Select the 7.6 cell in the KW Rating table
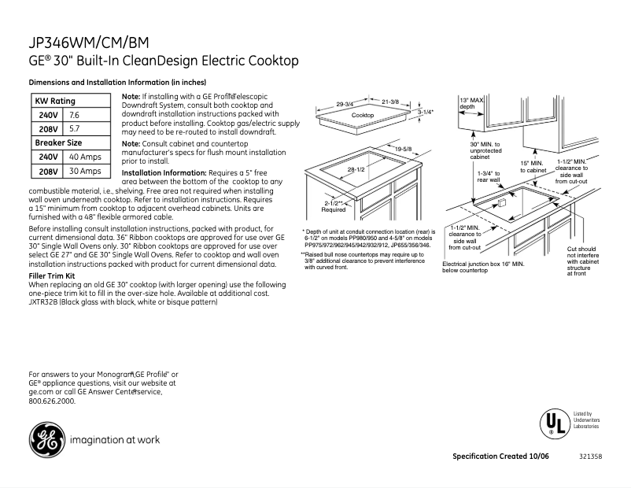click(75, 115)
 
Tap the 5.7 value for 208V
click(75, 128)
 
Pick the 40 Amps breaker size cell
click(84, 157)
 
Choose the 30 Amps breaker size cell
click(84, 171)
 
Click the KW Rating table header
click(55, 101)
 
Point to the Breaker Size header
click(58, 142)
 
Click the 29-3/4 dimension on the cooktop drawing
click(345, 103)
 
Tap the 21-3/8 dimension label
click(390, 102)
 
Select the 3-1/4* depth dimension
click(426, 113)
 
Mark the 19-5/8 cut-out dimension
click(404, 149)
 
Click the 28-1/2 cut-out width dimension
click(356, 169)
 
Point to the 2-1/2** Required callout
click(334, 206)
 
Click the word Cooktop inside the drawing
click(363, 116)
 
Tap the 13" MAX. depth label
click(472, 103)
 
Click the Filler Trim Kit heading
click(57, 276)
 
